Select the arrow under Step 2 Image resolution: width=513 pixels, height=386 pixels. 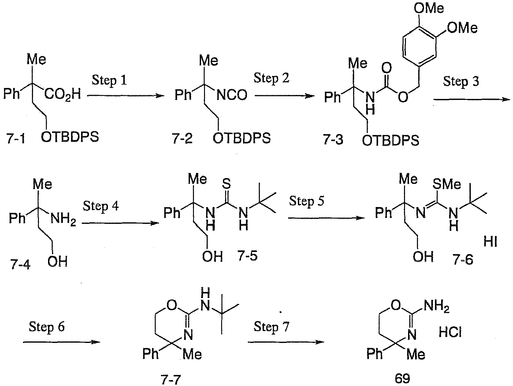coord(285,96)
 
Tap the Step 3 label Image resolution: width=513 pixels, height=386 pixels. coord(461,82)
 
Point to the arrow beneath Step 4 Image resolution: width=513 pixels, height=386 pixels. coord(120,223)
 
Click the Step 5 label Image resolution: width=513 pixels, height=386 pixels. coord(307,201)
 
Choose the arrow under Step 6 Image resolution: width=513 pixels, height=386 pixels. coord(62,342)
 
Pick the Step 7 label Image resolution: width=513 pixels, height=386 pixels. coord(272,326)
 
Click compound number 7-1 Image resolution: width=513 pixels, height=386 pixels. coord(16,139)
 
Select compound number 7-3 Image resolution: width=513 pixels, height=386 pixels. coord(333,140)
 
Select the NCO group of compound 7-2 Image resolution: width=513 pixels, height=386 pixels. coord(232,95)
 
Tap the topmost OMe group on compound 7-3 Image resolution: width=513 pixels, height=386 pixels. coord(429,8)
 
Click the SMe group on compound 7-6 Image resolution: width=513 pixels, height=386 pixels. coord(447,184)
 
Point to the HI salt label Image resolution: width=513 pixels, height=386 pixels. coord(490,242)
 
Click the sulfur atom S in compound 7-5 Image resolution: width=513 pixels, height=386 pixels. coord(226,183)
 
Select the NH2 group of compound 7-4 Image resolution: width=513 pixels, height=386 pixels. coord(63,219)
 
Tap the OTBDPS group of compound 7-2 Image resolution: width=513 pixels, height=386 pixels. coord(242,138)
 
